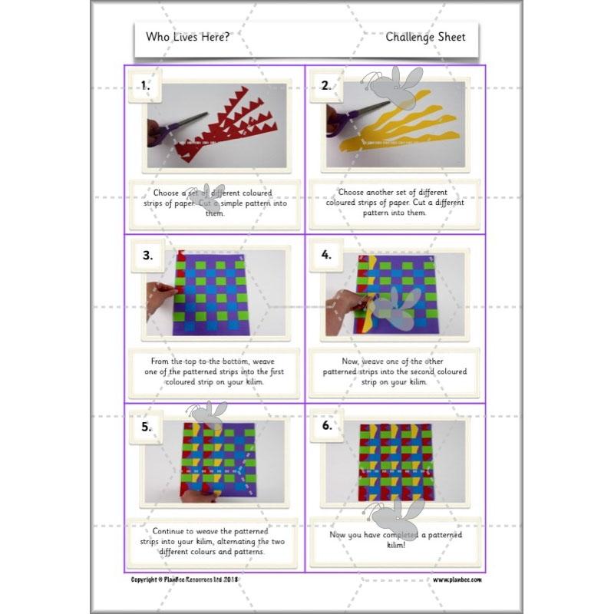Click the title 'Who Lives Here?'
click(187, 37)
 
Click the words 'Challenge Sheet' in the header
click(425, 37)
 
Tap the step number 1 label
click(146, 86)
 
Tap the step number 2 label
click(326, 86)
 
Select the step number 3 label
click(147, 256)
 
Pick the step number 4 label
click(326, 256)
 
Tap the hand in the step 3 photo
click(160, 299)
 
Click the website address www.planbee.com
click(457, 579)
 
